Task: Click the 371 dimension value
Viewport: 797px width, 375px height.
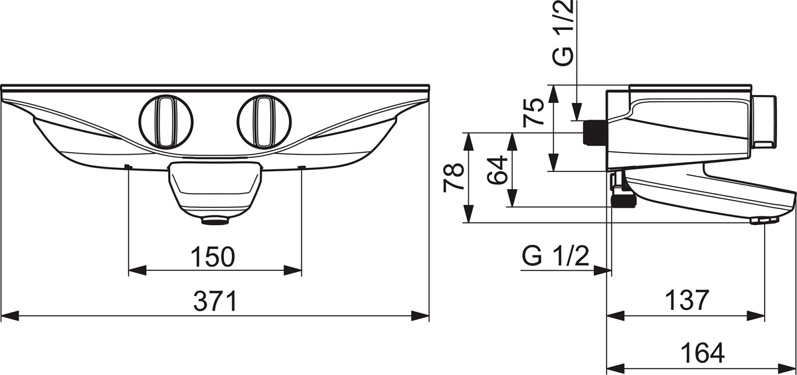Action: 215,301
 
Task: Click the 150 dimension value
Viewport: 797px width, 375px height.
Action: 213,257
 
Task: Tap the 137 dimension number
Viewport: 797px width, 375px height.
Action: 687,301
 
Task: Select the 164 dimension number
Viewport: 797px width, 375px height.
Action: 703,352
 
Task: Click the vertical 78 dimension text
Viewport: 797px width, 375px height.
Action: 453,178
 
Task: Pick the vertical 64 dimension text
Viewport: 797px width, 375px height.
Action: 497,170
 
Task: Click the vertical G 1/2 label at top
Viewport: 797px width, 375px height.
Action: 563,33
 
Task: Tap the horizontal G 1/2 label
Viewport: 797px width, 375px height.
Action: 555,256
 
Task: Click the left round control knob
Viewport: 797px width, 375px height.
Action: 166,121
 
